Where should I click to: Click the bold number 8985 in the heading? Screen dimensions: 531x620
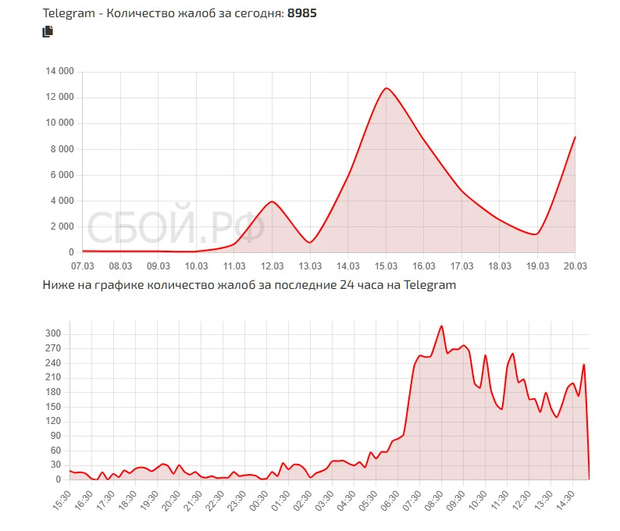tap(301, 14)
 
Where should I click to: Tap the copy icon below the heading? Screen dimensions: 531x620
tap(48, 32)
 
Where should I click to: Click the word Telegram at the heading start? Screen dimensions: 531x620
tap(68, 14)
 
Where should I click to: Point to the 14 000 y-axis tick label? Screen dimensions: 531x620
tap(60, 71)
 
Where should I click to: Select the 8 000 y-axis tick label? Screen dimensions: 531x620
tap(62, 148)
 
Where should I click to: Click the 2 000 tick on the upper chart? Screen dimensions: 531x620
tap(62, 226)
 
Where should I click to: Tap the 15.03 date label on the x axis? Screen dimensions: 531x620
tap(386, 266)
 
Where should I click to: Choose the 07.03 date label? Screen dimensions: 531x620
tap(82, 266)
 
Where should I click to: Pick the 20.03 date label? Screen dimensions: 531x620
tap(575, 266)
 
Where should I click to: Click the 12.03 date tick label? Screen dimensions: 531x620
tap(272, 266)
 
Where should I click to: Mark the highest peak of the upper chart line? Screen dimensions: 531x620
tap(386, 88)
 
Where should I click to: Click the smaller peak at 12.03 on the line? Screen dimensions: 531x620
tap(272, 201)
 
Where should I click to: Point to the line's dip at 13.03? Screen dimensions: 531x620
tap(310, 242)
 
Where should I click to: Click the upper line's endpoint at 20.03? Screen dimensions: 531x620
tap(575, 137)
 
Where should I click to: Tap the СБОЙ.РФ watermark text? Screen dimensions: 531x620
tap(176, 228)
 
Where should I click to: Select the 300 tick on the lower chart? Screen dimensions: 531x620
tap(53, 334)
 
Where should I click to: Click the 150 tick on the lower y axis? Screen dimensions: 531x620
tap(53, 407)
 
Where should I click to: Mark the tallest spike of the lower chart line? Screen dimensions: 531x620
tap(442, 326)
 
